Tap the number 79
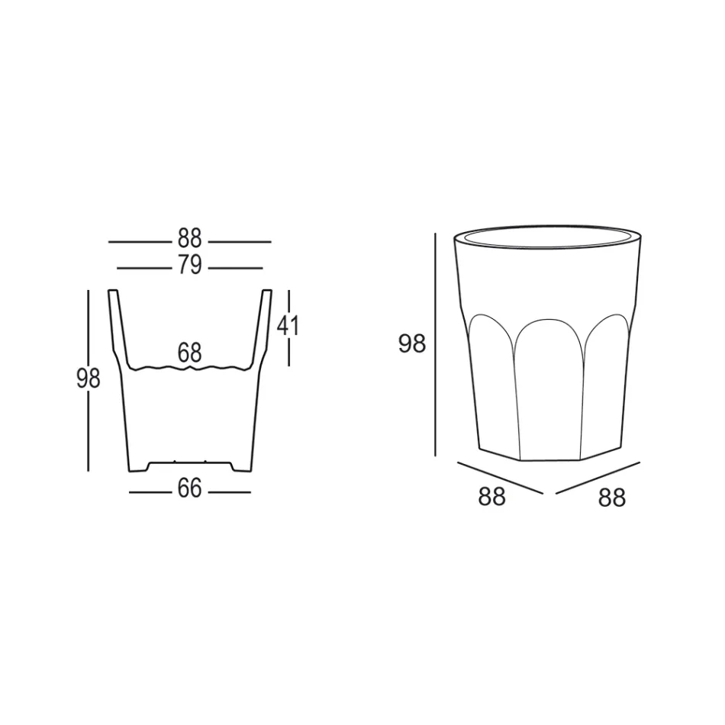click(189, 266)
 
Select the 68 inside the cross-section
click(189, 353)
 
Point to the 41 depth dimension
click(288, 326)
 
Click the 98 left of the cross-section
click(88, 379)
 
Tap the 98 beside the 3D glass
click(411, 344)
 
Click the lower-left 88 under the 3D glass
click(491, 497)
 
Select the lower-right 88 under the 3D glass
click(611, 498)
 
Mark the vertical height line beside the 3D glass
click(435, 344)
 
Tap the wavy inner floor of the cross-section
click(189, 369)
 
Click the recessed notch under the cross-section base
click(189, 462)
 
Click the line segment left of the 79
click(143, 268)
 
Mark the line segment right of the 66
click(229, 492)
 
